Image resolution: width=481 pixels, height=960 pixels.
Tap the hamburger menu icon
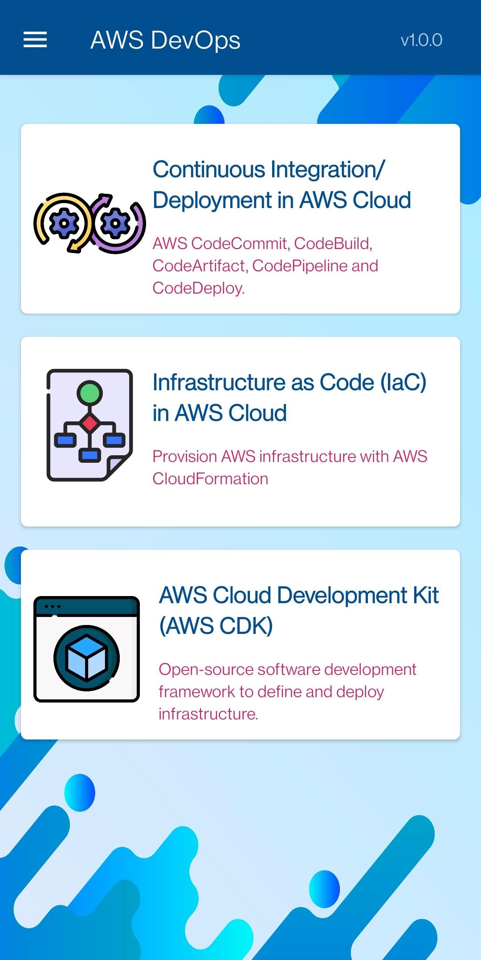(35, 40)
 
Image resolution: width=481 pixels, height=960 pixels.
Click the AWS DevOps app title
(166, 40)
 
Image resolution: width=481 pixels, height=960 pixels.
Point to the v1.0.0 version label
(421, 40)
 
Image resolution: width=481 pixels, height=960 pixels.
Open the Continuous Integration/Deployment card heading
(281, 184)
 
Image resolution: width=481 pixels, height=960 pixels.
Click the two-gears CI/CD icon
(90, 223)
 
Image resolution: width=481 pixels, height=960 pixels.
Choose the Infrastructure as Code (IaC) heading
(289, 397)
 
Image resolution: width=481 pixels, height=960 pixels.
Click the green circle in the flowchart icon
(90, 393)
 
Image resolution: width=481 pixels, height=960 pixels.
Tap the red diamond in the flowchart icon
(90, 423)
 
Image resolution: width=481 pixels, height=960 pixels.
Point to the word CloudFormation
(210, 479)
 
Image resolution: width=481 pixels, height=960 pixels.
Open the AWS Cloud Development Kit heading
(299, 610)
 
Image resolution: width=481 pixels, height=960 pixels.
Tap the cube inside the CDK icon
(86, 658)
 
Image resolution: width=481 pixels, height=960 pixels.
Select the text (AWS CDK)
(216, 626)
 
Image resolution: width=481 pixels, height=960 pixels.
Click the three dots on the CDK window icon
(53, 606)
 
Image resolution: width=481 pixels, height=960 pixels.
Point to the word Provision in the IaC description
(185, 457)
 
